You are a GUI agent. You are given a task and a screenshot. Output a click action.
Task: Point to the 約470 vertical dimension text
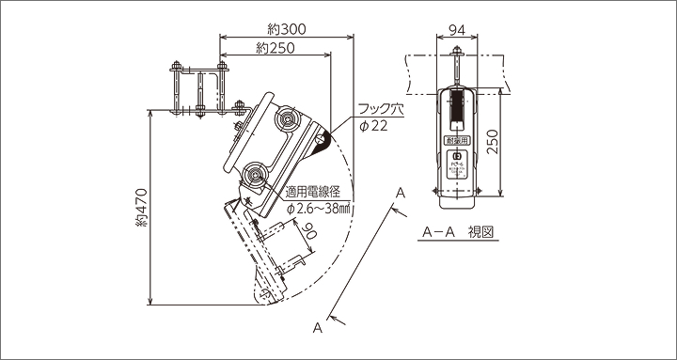point(141,215)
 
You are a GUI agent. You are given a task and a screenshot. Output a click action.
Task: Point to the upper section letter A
point(400,192)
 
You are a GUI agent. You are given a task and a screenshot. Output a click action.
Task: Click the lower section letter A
point(319,328)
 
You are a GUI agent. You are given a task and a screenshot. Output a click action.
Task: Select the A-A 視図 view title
point(458,230)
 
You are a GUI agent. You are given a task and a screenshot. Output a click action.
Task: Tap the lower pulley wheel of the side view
point(254,175)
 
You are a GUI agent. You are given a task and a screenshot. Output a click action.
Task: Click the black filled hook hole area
point(323,142)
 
